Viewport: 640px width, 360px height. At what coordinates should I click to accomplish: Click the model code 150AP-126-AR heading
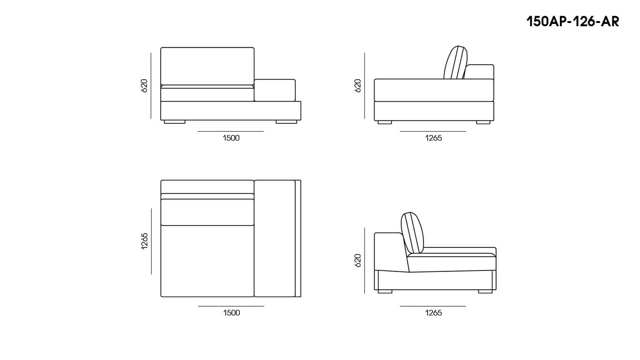coord(573,22)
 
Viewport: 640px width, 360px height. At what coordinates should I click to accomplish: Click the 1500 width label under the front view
coord(231,138)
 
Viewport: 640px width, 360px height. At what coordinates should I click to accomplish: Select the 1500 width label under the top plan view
coord(232,313)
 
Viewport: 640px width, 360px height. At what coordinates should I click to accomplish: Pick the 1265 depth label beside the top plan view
coord(145,241)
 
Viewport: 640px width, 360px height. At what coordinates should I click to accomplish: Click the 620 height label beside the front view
coord(144,85)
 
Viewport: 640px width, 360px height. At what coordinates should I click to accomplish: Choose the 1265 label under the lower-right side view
coord(433,313)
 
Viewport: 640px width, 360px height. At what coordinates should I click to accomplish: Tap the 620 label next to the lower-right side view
coord(357,261)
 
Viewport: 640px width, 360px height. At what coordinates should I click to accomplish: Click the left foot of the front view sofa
coord(175,122)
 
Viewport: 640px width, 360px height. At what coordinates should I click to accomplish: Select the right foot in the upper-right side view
coord(483,122)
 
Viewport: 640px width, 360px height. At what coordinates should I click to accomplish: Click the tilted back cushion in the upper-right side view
coord(455,62)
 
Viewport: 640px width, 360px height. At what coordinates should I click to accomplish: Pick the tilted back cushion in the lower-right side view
coord(412,233)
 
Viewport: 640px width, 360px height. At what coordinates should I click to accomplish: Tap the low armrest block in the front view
coord(275,90)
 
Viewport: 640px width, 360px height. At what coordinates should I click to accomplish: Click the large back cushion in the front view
coord(208,67)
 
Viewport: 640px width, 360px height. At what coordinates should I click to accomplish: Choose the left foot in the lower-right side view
coord(385,292)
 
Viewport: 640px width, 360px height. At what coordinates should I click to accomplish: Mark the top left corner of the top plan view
coord(161,180)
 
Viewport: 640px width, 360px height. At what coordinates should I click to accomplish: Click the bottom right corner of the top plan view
coord(301,297)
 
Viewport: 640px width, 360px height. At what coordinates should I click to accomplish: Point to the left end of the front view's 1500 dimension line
coord(198,132)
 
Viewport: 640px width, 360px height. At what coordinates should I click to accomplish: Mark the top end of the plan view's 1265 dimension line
coord(151,209)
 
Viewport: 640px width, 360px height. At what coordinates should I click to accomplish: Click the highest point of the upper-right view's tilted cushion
coord(458,46)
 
